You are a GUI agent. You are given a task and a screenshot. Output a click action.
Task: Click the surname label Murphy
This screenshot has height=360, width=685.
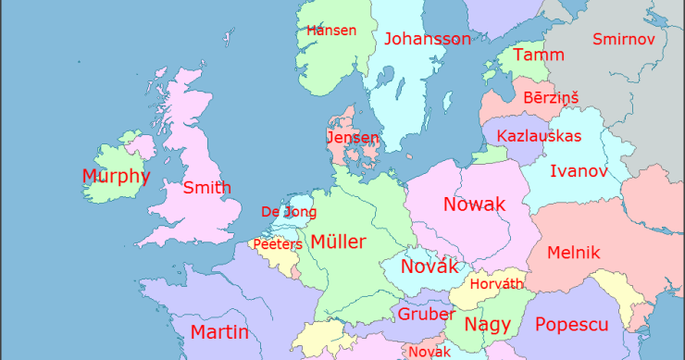116,176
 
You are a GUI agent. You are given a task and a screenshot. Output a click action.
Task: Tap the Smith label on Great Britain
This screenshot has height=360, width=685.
206,188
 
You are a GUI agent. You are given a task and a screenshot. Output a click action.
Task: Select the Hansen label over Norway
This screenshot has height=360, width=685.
331,31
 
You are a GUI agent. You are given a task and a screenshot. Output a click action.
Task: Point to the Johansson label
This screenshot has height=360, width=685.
427,39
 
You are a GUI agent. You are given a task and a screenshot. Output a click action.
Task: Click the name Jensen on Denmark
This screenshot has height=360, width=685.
353,138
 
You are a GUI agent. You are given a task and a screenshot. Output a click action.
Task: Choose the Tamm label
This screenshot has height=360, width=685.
538,55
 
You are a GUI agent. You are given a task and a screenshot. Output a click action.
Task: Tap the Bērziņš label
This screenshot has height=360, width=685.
551,97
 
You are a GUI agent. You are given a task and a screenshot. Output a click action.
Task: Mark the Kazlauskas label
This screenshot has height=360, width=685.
539,136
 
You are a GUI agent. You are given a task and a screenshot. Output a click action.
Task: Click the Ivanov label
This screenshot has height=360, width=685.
579,171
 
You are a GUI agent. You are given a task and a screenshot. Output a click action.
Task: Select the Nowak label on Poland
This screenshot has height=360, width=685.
474,205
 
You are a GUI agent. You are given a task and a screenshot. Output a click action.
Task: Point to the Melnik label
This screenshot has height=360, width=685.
574,253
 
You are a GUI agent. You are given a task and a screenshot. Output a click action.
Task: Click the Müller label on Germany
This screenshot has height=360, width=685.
338,242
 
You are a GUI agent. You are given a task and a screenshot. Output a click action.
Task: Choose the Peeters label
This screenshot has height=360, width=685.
278,244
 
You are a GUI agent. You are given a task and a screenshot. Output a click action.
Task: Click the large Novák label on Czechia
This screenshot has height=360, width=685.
430,267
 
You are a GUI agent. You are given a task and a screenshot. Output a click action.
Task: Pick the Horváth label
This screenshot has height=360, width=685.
497,284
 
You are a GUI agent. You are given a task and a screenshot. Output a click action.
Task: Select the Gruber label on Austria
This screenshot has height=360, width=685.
426,314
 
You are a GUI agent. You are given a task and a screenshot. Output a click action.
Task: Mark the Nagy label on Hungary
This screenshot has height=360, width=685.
488,325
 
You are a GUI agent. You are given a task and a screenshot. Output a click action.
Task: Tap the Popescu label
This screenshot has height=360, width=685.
571,325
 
